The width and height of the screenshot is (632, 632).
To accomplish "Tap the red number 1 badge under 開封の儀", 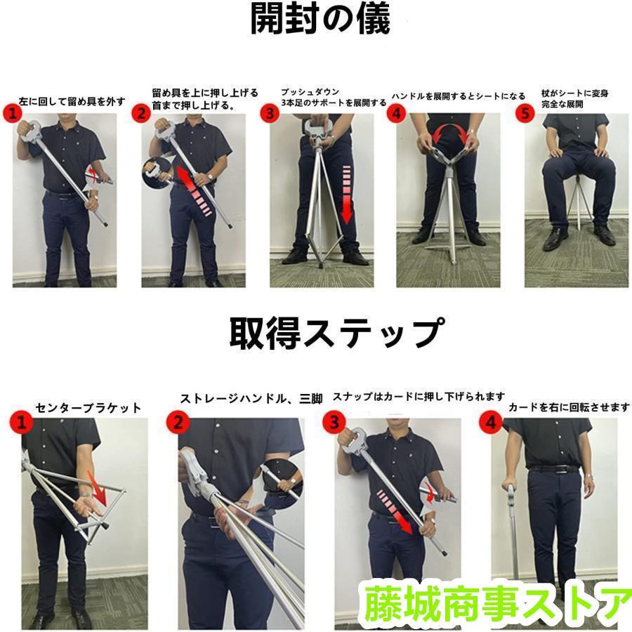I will click(12, 112).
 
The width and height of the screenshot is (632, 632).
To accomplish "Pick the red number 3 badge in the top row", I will click(270, 112).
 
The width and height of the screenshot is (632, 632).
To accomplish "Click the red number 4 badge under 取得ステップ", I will click(490, 423).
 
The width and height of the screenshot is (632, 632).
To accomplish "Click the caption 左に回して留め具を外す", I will click(72, 101).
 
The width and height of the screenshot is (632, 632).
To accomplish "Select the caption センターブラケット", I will click(88, 407).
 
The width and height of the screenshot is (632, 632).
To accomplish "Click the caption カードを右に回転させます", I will click(569, 407).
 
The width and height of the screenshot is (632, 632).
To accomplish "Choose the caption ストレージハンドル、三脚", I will click(251, 399).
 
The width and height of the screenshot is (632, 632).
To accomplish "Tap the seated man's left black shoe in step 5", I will click(603, 235).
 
